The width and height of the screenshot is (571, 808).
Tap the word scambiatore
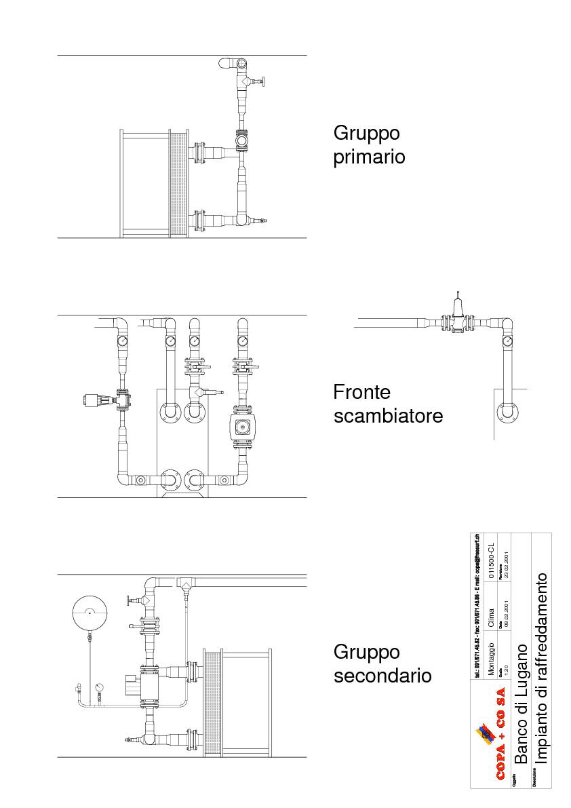click(388, 415)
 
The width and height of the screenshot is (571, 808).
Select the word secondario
click(382, 676)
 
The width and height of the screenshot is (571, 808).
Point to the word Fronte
click(362, 392)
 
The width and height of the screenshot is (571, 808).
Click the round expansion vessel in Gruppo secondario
click(90, 612)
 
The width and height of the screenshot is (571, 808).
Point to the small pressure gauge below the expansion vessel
click(100, 687)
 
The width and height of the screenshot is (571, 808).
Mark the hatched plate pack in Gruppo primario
click(178, 184)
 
